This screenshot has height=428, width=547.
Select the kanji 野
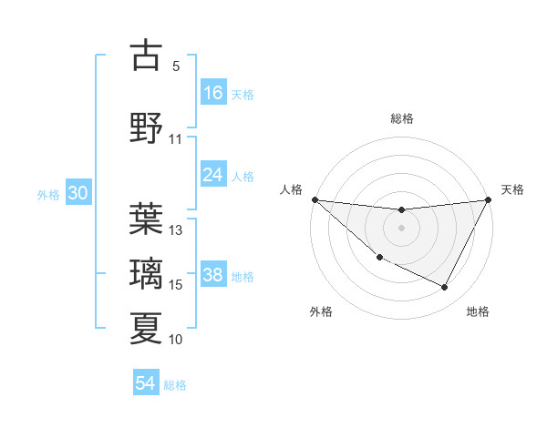[146, 127]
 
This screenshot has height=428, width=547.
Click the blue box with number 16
[213, 92]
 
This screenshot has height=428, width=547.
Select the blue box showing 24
[213, 175]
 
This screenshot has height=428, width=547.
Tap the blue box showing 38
[213, 275]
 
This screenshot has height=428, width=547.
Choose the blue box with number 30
[77, 194]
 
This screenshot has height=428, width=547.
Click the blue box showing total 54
[146, 383]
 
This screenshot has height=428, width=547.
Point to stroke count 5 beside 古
[176, 66]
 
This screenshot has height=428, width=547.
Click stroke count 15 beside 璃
[176, 285]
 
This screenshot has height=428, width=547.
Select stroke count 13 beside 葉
[176, 230]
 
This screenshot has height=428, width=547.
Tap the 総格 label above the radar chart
[402, 118]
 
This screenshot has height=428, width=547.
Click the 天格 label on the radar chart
[513, 189]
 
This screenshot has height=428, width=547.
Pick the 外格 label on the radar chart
[321, 311]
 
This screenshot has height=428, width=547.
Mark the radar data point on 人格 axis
[315, 199]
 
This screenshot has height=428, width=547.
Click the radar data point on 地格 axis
[444, 288]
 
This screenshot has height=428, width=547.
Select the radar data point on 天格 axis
[489, 199]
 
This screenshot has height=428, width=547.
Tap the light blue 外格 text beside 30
[48, 195]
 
